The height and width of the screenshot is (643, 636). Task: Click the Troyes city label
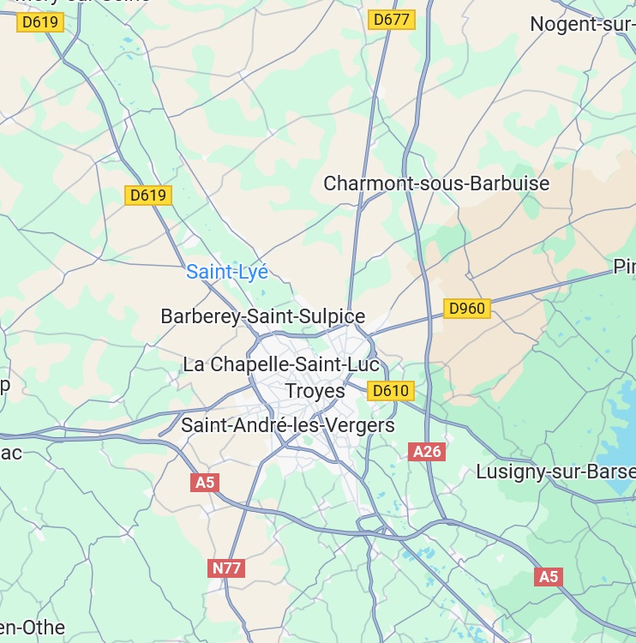coord(315,391)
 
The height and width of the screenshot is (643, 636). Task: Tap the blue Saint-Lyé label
coord(227,273)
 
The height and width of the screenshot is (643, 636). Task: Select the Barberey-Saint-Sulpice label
coord(263,316)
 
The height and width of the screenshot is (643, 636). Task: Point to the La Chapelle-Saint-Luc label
coord(281,364)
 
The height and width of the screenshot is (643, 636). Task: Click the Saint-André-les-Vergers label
coord(288,425)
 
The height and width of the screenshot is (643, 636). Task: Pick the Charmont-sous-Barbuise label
coord(436,183)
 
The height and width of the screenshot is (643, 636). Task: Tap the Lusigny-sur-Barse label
coord(555,472)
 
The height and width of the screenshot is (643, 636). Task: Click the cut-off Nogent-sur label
coord(582,24)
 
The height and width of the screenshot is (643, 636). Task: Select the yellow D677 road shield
coord(392,20)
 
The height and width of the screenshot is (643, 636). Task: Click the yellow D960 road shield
coord(467,309)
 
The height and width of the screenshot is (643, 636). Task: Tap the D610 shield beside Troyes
coord(392,392)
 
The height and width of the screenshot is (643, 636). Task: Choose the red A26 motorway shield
coord(427,452)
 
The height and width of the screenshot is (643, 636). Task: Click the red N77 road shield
coord(226,568)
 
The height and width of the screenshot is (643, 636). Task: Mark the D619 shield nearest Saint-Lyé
coord(148,195)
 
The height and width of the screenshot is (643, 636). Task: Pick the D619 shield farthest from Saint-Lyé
coord(40,22)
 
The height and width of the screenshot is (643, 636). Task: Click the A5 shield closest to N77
coord(204,483)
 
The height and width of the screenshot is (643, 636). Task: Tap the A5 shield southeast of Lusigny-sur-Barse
coord(548,577)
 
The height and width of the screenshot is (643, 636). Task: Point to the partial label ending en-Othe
coord(33,628)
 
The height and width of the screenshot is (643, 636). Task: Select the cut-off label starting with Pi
coord(624,267)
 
